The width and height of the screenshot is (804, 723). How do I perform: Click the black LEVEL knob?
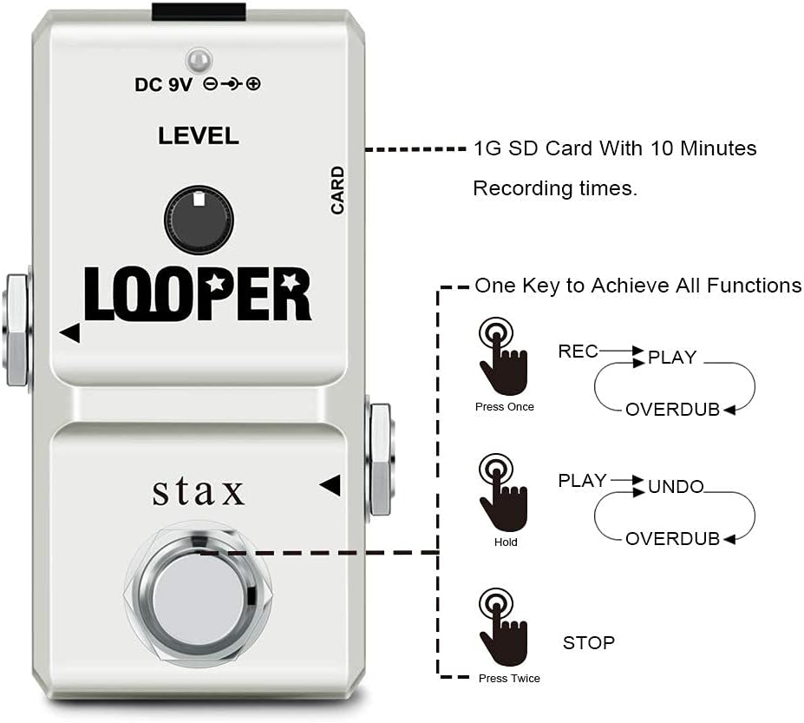click(x=199, y=220)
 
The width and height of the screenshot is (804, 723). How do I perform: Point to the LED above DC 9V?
click(x=199, y=61)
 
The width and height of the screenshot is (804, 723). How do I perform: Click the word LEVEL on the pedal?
click(x=199, y=136)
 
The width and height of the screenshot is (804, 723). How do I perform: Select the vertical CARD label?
click(x=337, y=190)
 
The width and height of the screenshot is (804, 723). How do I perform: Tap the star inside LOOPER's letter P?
click(x=214, y=282)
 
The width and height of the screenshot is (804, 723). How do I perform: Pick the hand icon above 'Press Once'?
click(x=502, y=356)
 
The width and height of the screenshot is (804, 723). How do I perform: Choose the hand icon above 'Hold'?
click(x=502, y=492)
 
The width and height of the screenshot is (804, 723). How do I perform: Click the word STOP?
click(x=589, y=642)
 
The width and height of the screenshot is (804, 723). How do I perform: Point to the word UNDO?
click(x=676, y=486)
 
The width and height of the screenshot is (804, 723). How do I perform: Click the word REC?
click(x=578, y=352)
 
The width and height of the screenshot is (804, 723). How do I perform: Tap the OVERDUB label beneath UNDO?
click(x=673, y=539)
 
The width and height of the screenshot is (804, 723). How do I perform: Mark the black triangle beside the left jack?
click(x=70, y=333)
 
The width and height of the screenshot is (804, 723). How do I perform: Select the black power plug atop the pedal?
click(x=199, y=12)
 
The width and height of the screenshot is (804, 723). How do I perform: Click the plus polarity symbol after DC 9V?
click(x=253, y=83)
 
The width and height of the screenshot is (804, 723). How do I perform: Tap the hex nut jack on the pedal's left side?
click(x=16, y=331)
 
